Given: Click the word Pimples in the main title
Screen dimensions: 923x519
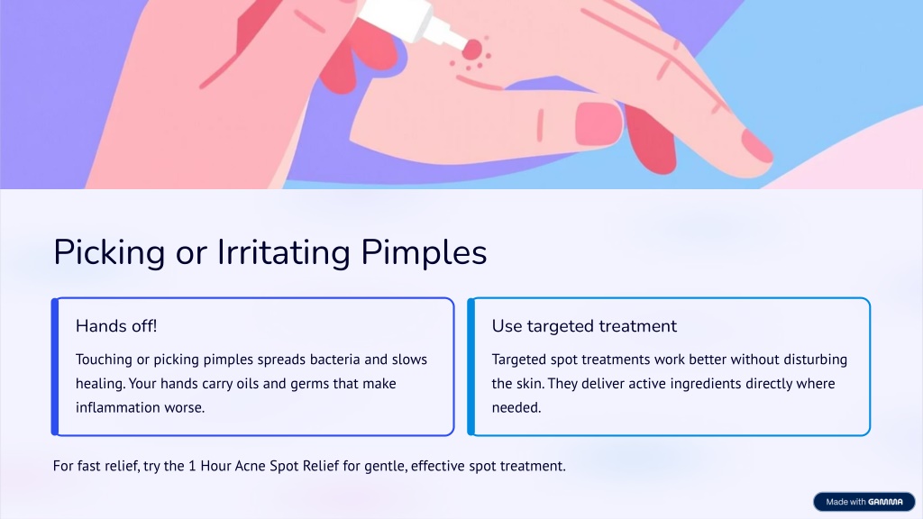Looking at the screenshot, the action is (424, 253).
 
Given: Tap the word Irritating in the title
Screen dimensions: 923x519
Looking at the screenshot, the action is (284, 253).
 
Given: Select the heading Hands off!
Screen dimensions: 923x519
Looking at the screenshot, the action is (116, 326).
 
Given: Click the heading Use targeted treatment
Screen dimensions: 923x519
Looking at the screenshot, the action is (584, 326).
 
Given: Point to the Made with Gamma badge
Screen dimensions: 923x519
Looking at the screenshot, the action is (864, 502).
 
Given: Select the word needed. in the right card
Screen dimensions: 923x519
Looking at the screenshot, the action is (516, 408).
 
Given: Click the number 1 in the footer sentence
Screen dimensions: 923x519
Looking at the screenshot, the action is (192, 466).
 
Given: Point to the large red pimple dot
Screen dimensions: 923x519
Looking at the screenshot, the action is (471, 50).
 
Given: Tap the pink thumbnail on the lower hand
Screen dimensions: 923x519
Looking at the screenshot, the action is (599, 123).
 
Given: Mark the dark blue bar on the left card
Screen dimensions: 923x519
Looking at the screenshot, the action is (55, 367).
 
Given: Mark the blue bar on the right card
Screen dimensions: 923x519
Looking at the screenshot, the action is (471, 367).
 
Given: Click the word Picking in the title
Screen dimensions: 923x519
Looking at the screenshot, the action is (109, 253).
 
